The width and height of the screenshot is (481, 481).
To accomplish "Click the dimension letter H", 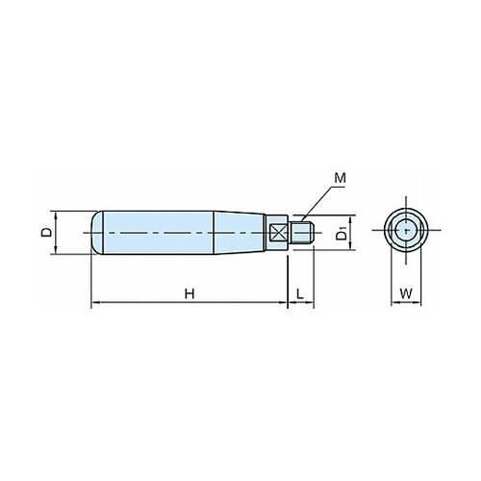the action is tap(190, 293).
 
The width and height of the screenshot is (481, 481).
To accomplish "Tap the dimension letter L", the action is tap(300, 293).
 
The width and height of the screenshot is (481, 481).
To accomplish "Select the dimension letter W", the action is tap(406, 293).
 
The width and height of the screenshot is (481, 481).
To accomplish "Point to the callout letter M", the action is tap(341, 178).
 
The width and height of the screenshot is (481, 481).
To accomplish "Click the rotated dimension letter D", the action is tap(46, 233).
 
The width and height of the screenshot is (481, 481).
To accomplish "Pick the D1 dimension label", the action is tap(342, 233).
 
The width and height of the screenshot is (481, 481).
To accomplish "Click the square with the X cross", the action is tap(278, 233).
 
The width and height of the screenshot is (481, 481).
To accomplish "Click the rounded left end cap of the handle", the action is tap(97, 233).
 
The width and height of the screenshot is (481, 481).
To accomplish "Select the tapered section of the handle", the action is tap(240, 233).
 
